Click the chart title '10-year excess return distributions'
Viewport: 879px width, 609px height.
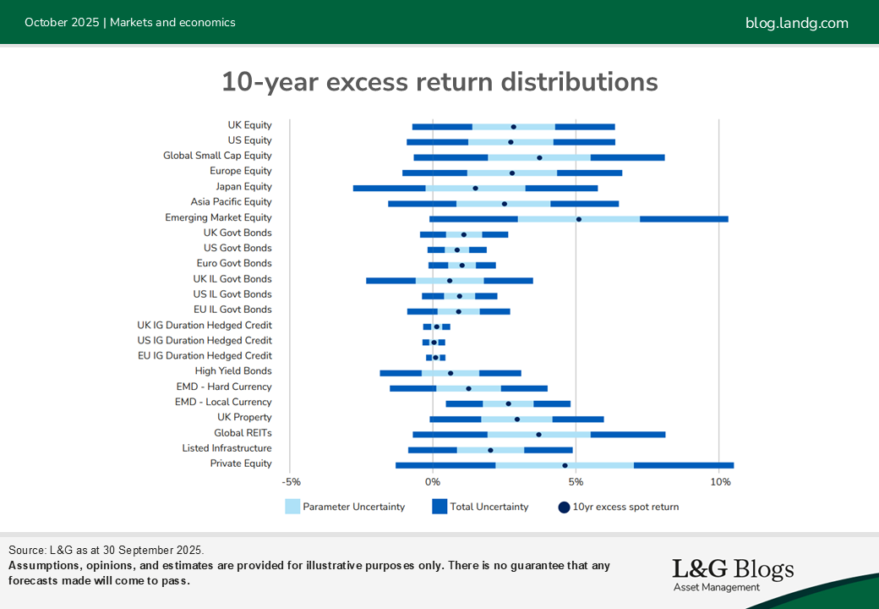pyautogui.click(x=439, y=82)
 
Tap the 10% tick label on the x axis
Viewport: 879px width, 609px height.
pyautogui.click(x=720, y=482)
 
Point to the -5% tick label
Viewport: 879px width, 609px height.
pyautogui.click(x=290, y=482)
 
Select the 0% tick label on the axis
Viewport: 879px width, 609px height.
pyautogui.click(x=433, y=482)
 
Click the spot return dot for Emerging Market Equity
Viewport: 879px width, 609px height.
pyautogui.click(x=579, y=219)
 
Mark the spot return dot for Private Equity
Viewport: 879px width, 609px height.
pyautogui.click(x=565, y=465)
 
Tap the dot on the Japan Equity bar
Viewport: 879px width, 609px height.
pyautogui.click(x=475, y=188)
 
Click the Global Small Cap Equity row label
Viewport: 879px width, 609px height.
pyautogui.click(x=217, y=156)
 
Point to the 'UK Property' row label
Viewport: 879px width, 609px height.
pyautogui.click(x=244, y=417)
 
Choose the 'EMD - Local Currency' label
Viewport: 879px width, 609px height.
pyautogui.click(x=223, y=402)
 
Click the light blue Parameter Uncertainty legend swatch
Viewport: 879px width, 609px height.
pyautogui.click(x=292, y=507)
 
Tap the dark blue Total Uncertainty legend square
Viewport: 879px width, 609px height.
pyautogui.click(x=439, y=507)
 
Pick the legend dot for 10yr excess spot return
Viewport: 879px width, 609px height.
pyautogui.click(x=563, y=507)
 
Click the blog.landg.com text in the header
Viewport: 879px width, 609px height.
pyautogui.click(x=796, y=23)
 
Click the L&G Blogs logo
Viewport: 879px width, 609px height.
pyautogui.click(x=732, y=573)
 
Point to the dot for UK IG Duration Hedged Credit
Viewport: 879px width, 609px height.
pyautogui.click(x=436, y=326)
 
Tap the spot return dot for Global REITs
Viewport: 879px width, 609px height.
pyautogui.click(x=538, y=435)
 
